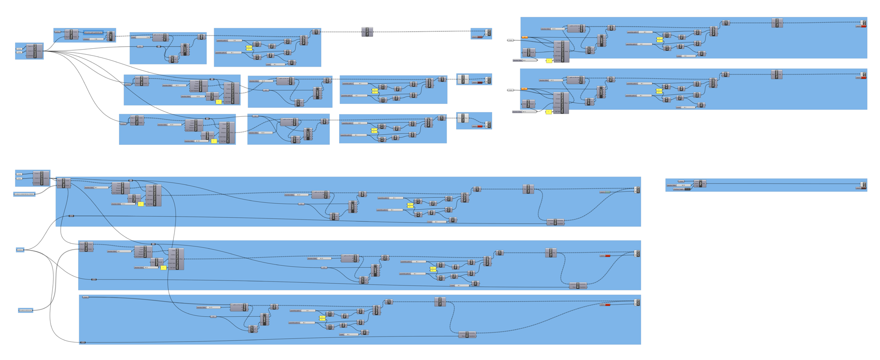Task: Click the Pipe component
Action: (699, 183)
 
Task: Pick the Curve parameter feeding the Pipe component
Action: (681, 181)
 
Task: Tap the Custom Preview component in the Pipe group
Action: (863, 184)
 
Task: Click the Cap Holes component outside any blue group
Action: (367, 32)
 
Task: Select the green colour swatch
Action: (607, 192)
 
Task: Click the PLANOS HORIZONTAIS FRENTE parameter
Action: (24, 194)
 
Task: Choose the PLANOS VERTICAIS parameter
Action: (26, 310)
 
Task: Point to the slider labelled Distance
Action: (95, 39)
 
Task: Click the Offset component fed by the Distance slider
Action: (111, 36)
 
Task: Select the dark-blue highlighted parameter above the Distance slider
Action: (93, 33)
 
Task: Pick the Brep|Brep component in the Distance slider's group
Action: (72, 34)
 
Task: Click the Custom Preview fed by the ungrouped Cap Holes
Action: (488, 33)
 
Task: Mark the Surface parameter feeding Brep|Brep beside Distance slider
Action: (57, 32)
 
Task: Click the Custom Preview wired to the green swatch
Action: (637, 189)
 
